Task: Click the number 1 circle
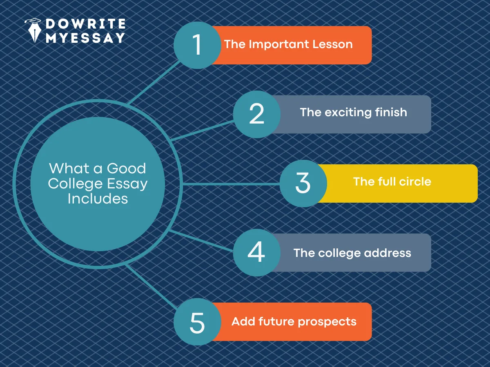pyautogui.click(x=197, y=45)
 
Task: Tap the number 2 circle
pyautogui.click(x=257, y=114)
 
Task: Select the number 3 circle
pyautogui.click(x=303, y=183)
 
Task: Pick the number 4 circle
pyautogui.click(x=257, y=252)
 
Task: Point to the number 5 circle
pyautogui.click(x=197, y=322)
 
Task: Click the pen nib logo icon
pyautogui.click(x=33, y=31)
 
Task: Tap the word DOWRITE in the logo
pyautogui.click(x=85, y=24)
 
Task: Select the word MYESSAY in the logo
pyautogui.click(x=85, y=38)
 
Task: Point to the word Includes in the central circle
pyautogui.click(x=98, y=199)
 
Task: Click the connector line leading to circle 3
pyautogui.click(x=231, y=184)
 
